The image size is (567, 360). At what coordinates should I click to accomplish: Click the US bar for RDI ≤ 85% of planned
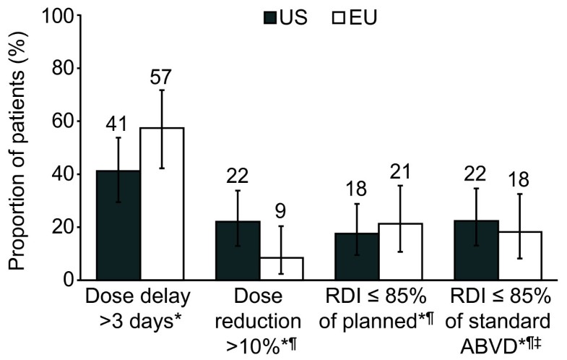(x=357, y=256)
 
